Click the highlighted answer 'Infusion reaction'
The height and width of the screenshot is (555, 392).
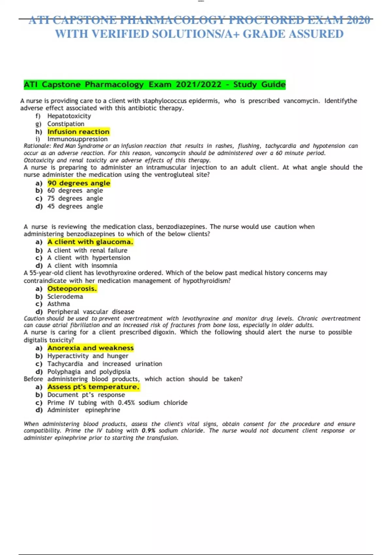pos(78,132)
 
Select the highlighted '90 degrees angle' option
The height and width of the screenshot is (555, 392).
pos(79,183)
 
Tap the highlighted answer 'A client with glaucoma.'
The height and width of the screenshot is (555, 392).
pos(90,242)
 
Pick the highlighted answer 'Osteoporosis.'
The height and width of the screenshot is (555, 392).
pos(72,289)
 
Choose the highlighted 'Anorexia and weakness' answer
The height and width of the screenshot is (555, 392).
pos(90,348)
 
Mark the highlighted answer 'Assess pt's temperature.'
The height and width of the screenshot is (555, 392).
pos(93,387)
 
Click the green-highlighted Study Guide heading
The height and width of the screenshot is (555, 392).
pos(155,85)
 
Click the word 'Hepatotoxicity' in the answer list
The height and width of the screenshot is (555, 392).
pos(69,116)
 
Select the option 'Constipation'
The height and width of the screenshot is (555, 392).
pos(66,124)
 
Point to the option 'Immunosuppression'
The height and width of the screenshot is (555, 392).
pos(77,139)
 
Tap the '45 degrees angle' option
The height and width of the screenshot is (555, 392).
pos(75,206)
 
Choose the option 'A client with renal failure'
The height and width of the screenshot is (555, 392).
pos(87,250)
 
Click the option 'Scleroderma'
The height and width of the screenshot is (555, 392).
pos(65,296)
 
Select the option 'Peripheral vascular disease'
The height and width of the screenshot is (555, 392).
pos(90,311)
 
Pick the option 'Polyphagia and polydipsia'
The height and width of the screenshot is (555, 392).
pos(89,372)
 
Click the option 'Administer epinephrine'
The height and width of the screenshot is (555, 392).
pos(83,410)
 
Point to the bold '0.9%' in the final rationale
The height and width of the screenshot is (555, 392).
pos(148,431)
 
